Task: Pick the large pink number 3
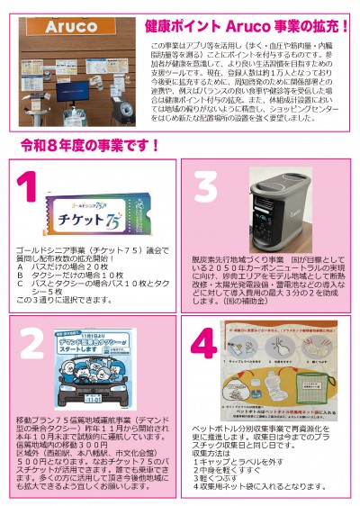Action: pyautogui.click(x=206, y=188)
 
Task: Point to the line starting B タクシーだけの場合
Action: pyautogui.click(x=68, y=276)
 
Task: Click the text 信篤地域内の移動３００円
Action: pyautogui.click(x=55, y=442)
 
